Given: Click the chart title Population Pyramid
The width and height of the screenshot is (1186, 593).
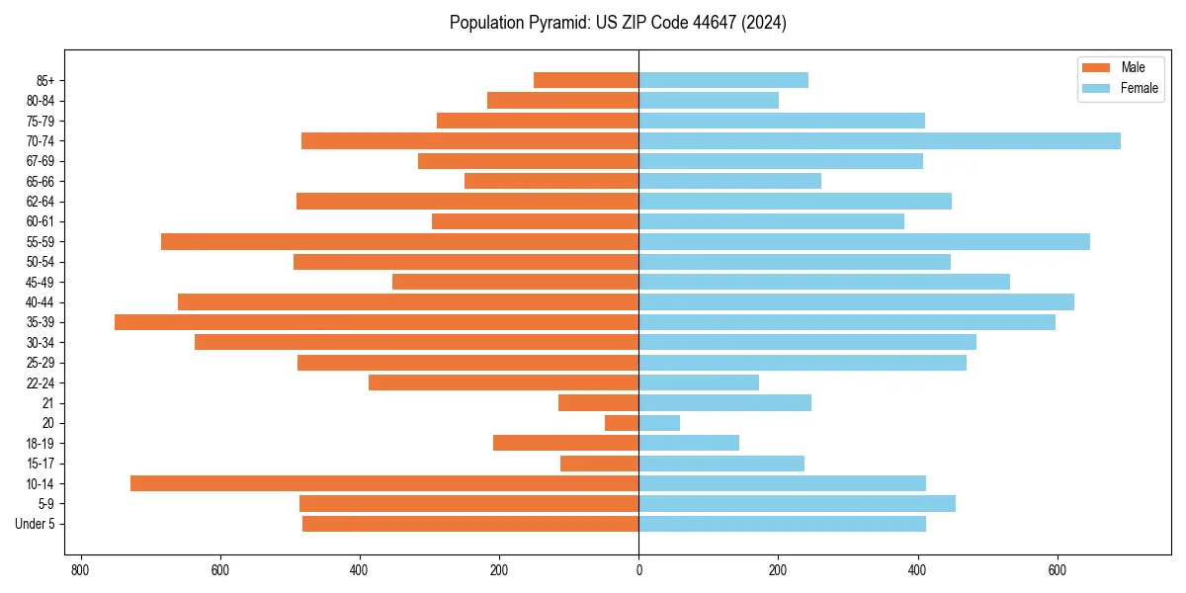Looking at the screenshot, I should [x=618, y=23].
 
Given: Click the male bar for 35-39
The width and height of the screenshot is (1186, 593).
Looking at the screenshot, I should [x=377, y=322].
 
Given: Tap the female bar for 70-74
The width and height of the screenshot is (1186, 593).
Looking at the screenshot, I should [x=880, y=140].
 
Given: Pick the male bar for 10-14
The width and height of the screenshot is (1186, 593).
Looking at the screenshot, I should [x=384, y=483].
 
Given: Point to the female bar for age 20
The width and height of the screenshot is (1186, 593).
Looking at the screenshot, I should [x=659, y=423].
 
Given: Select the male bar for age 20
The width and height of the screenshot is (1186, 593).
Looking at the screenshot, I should [x=622, y=423].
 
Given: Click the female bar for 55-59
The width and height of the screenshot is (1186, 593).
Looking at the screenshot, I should [x=864, y=241].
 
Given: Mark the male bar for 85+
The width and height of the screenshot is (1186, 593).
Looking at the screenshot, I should [x=586, y=80].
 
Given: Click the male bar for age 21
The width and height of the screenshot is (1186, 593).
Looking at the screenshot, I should [x=598, y=402].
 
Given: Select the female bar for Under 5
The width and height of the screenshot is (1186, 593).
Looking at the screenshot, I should [x=782, y=524].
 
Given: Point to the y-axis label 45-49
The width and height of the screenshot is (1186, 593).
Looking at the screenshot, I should [x=41, y=282].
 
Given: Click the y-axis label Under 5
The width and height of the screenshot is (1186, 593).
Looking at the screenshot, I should [x=36, y=524].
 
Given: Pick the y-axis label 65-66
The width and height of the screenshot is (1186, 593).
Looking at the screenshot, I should [x=41, y=181].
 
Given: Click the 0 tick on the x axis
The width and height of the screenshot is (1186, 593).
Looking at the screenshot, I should [x=638, y=570].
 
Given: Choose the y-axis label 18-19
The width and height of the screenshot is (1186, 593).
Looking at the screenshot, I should [x=41, y=443].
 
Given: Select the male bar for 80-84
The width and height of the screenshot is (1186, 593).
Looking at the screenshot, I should [x=562, y=100].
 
